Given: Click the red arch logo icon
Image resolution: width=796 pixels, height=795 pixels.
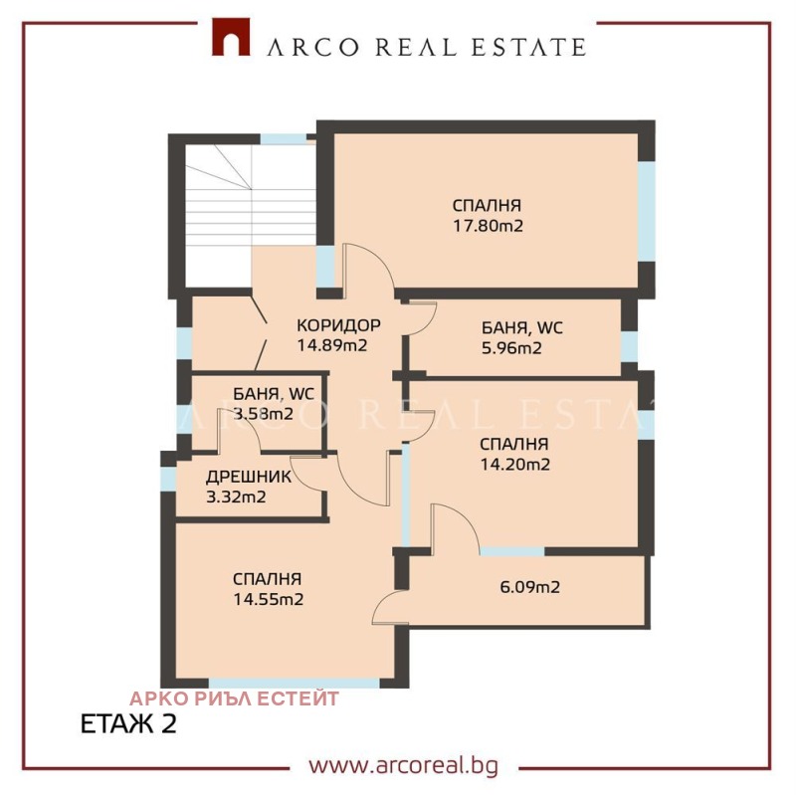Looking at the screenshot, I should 230,38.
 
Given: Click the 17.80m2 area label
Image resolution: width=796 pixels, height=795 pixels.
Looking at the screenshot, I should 488,226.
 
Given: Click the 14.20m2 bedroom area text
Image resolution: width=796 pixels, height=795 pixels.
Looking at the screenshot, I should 514,464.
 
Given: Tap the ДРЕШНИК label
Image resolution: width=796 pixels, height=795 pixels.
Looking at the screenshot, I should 250,477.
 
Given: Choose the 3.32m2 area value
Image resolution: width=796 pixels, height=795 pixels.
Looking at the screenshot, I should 237,497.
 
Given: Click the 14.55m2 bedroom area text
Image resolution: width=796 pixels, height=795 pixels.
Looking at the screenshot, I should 268,599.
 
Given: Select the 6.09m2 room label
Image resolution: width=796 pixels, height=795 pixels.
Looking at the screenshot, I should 529,587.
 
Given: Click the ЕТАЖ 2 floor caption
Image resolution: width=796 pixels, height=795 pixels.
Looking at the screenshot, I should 127,723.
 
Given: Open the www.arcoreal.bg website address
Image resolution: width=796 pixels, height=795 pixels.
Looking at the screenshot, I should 402,766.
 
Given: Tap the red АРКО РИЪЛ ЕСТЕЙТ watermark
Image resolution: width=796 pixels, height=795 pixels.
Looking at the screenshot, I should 234,698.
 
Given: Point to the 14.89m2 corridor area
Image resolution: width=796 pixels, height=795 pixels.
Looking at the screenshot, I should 332,346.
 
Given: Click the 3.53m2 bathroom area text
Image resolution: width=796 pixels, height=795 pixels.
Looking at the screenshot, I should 263,414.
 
